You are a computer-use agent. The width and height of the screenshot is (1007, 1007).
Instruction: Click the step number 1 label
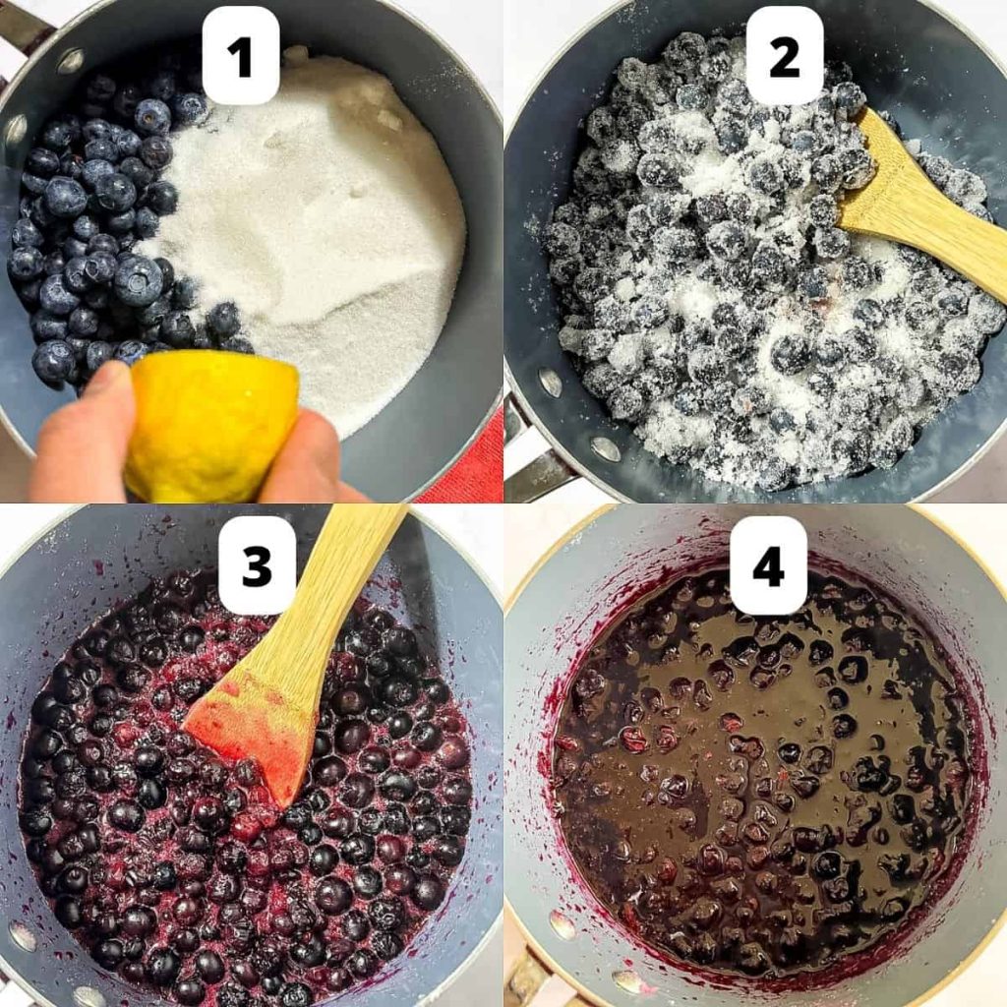[x=241, y=55]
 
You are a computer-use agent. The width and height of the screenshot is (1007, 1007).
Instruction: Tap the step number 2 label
[x=784, y=55]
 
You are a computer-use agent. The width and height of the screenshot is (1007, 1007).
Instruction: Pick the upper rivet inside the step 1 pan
[x=70, y=61]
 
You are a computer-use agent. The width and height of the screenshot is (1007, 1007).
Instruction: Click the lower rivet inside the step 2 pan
[x=605, y=449]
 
